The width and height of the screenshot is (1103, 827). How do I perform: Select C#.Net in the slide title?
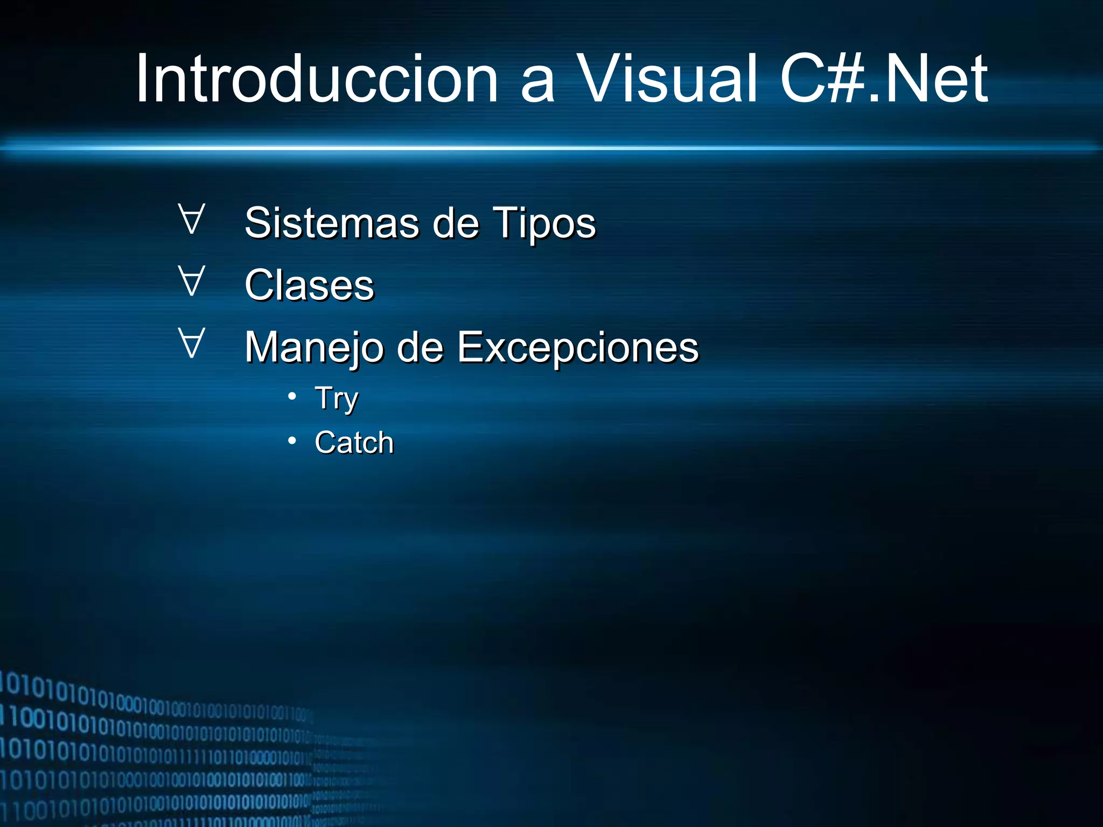(x=883, y=79)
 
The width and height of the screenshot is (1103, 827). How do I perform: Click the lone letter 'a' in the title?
(x=537, y=86)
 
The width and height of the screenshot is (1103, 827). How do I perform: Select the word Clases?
(x=309, y=285)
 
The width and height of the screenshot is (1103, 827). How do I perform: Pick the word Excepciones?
(x=577, y=347)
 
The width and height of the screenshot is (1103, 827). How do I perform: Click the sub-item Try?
(x=337, y=399)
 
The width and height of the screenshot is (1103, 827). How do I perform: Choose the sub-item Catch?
(x=354, y=443)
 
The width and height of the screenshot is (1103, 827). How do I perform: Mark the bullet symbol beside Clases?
(x=192, y=281)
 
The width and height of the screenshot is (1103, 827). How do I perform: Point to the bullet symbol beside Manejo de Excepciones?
(x=192, y=343)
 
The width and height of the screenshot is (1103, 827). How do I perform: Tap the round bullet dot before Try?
(x=292, y=397)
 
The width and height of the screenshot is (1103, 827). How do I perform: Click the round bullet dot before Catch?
(x=292, y=441)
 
